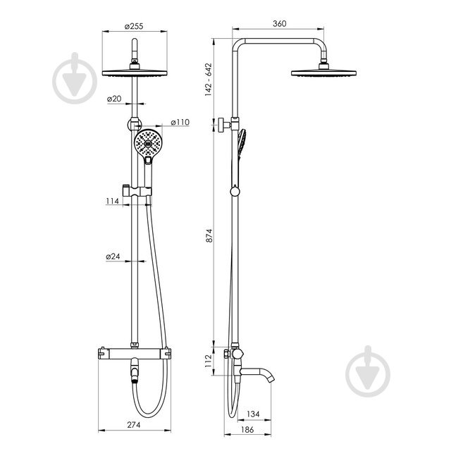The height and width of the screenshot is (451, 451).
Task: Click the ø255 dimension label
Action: coord(134,26)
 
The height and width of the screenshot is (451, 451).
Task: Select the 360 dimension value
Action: coord(279,23)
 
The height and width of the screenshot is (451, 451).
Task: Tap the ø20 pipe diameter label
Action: coord(114,99)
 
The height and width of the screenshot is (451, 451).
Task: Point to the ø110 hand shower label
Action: coord(180,122)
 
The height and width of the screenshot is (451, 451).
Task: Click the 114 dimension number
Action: coord(112,201)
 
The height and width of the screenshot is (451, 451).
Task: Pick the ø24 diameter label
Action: coord(113,257)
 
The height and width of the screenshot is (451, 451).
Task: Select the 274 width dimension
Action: coord(134,424)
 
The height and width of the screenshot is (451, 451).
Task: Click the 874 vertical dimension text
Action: coord(209,235)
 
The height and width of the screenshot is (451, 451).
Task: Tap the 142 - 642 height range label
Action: coord(209,80)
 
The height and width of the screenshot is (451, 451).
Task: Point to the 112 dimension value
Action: coord(208,361)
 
